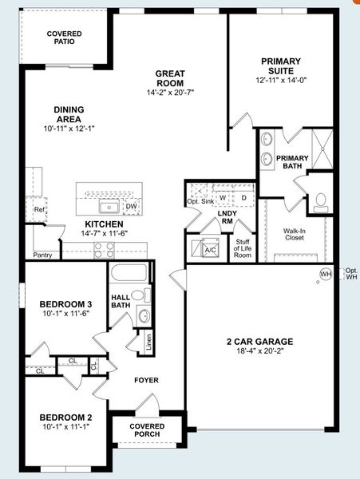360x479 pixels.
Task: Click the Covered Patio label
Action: [63, 37]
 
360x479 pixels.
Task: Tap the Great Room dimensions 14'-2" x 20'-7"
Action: [170, 93]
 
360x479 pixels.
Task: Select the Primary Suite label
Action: [280, 66]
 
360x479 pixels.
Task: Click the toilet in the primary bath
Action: [322, 201]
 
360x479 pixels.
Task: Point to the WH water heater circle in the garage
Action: [325, 274]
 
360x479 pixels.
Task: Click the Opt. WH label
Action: [351, 274]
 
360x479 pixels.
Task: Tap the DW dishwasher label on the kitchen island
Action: [131, 206]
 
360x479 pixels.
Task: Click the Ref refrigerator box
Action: [38, 211]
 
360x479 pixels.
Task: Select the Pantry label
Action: [44, 255]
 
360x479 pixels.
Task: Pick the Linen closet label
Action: [148, 342]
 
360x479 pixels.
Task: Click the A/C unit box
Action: [211, 249]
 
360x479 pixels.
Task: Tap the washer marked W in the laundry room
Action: [224, 196]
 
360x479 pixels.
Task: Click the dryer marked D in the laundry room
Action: [243, 196]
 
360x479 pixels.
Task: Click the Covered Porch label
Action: [147, 431]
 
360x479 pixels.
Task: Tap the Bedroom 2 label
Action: [66, 417]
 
